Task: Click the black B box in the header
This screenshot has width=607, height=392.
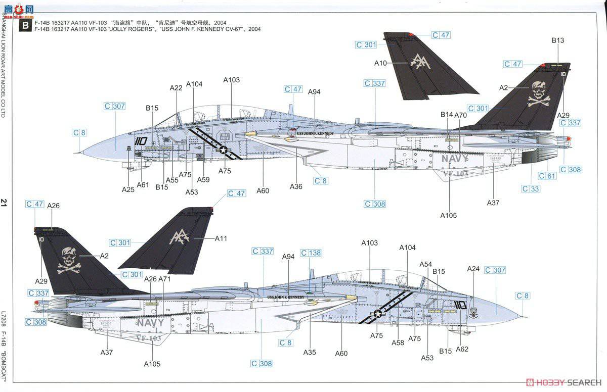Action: click(x=23, y=26)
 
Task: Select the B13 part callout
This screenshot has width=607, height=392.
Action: click(x=558, y=40)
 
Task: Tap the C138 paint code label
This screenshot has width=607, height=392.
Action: click(x=311, y=253)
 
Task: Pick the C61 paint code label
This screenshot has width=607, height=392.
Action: click(x=547, y=176)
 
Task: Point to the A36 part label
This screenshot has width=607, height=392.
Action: click(x=296, y=186)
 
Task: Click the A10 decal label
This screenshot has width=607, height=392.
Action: click(x=380, y=63)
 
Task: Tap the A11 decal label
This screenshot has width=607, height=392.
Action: click(x=222, y=238)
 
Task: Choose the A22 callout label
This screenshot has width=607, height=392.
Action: click(x=176, y=88)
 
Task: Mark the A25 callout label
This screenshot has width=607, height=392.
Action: click(x=128, y=189)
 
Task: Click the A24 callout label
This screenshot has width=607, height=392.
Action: click(x=473, y=268)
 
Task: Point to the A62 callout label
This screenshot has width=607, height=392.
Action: click(x=462, y=349)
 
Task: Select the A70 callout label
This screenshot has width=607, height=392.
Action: click(x=460, y=115)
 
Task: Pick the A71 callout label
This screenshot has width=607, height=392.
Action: click(x=164, y=279)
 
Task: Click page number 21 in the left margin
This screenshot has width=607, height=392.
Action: click(x=5, y=203)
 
